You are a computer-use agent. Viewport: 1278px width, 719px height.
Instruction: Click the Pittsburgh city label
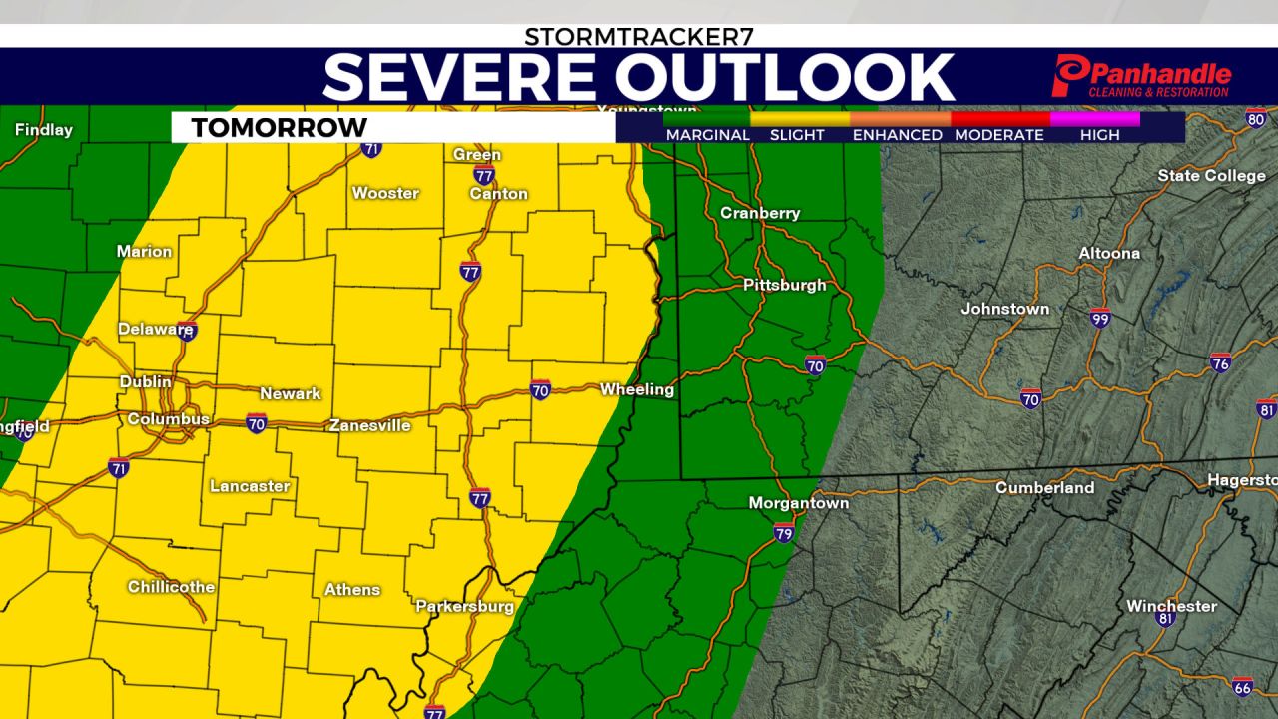tap(784, 285)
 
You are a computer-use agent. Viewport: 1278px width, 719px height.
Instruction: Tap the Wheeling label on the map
tap(637, 389)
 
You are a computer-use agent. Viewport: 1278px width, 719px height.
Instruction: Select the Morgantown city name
tap(799, 503)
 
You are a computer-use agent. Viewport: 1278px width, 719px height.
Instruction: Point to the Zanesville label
tap(370, 425)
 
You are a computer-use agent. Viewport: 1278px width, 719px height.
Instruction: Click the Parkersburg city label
tap(464, 606)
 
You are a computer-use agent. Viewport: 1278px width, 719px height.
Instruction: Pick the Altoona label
tap(1109, 253)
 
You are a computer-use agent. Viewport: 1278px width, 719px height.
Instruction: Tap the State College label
tap(1211, 176)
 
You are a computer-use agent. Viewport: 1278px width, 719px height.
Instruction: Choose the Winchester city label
tap(1171, 606)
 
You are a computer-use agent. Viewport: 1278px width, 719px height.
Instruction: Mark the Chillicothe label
tap(171, 587)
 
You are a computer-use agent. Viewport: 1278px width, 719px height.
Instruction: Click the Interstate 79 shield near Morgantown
tap(784, 533)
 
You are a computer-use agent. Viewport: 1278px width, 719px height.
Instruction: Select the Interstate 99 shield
tap(1100, 317)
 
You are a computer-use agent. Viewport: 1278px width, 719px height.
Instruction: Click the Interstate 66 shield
tap(1242, 687)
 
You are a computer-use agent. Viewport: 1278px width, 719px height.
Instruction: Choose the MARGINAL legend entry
tap(707, 135)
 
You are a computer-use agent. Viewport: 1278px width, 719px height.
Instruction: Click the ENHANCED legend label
tap(897, 135)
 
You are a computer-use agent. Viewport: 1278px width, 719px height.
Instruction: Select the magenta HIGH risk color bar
tap(1095, 118)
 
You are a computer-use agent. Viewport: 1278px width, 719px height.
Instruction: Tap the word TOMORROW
tap(279, 128)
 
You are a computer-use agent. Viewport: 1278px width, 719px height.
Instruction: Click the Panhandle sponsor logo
tap(1141, 77)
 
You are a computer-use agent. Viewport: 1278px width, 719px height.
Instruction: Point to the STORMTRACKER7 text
tap(639, 37)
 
